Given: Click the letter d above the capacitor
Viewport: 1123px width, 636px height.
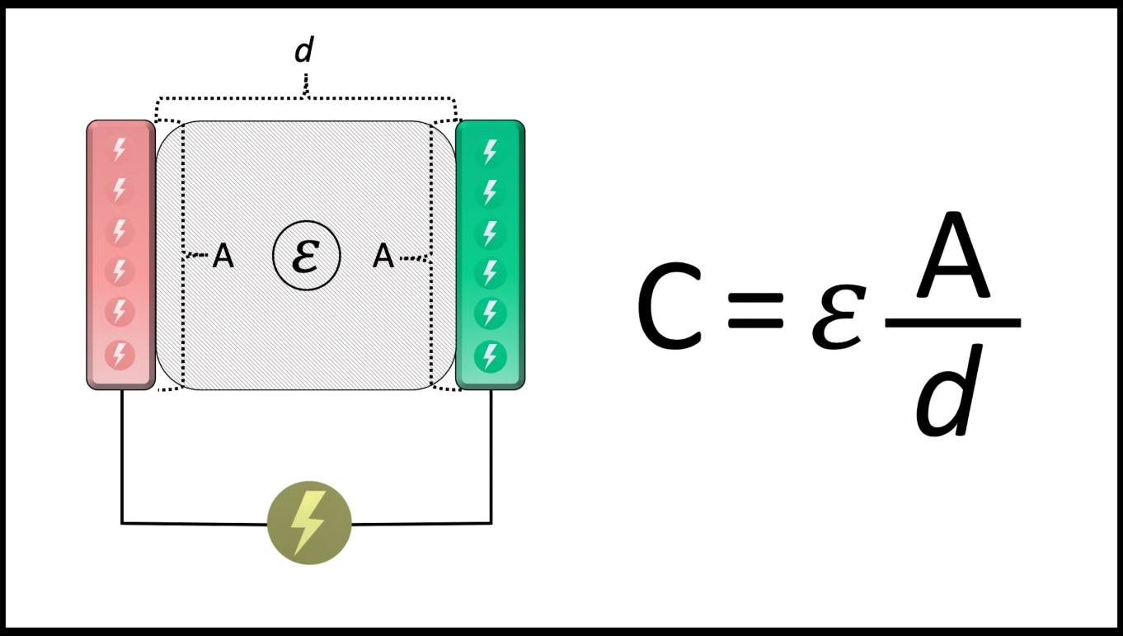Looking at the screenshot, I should tap(304, 51).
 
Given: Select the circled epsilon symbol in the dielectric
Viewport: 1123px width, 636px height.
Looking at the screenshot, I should tap(307, 257).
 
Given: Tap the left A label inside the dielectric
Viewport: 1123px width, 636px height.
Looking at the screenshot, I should tap(223, 257).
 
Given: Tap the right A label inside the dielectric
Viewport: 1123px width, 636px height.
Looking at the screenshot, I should tap(383, 257).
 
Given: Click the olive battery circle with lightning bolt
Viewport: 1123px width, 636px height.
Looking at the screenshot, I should tap(309, 523).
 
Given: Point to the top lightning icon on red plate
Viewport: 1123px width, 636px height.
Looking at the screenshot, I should tap(120, 150).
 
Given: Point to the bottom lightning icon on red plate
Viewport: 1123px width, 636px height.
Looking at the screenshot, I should tap(120, 355).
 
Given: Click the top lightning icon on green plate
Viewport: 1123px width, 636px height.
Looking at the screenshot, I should tap(491, 152).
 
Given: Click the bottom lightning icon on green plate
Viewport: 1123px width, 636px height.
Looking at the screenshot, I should tap(491, 356).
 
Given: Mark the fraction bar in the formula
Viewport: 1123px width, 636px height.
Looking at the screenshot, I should tap(952, 323).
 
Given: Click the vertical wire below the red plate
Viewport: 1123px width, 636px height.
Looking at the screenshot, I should tap(122, 454).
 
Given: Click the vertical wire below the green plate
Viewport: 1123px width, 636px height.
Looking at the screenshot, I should tap(491, 454).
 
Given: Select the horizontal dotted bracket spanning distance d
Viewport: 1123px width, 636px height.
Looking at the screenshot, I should tap(306, 99).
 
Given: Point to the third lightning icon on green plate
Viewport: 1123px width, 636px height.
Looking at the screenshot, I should tap(491, 233).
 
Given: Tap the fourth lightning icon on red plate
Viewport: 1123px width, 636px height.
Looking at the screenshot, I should tap(120, 271).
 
